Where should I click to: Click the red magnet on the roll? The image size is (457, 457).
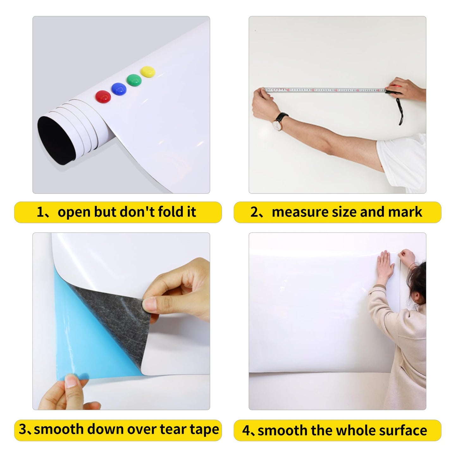click(x=103, y=96)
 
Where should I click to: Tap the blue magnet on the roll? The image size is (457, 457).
click(x=119, y=89)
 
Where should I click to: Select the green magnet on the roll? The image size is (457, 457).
click(x=134, y=80)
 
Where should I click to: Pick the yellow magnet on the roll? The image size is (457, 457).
click(x=147, y=71)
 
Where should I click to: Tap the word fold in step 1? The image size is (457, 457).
click(x=171, y=212)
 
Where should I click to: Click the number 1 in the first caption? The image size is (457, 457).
click(x=40, y=212)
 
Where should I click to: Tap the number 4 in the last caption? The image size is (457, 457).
click(x=246, y=431)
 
